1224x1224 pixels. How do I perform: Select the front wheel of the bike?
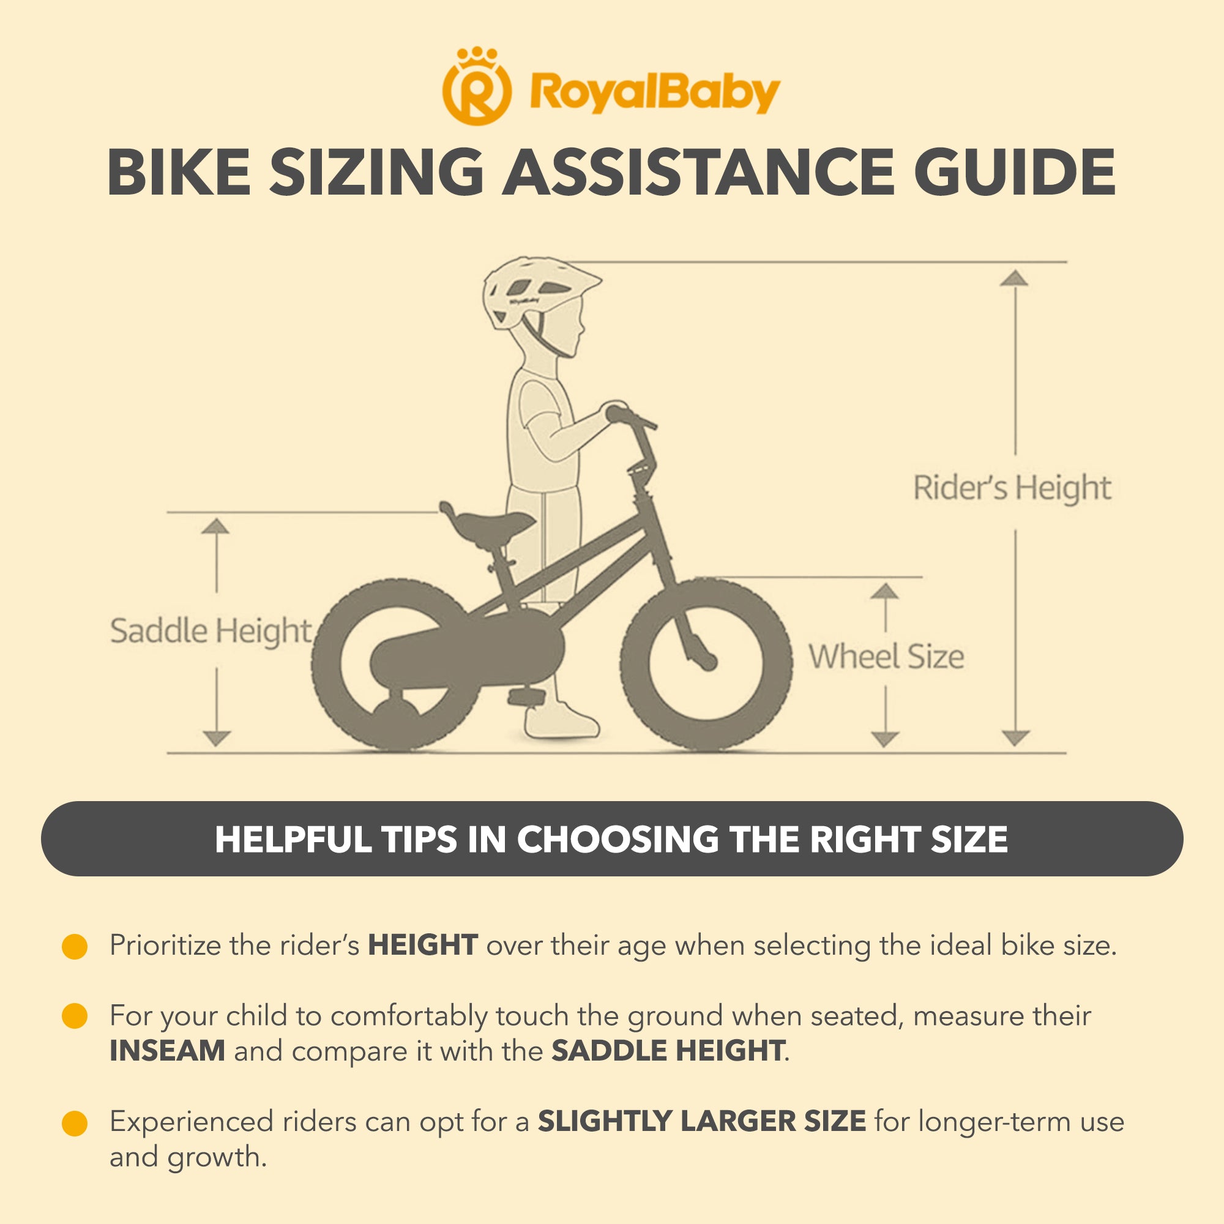point(706,665)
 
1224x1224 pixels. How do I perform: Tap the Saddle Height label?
point(211,632)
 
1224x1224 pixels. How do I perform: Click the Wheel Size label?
point(886,656)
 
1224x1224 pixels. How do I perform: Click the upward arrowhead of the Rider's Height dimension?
point(1014,277)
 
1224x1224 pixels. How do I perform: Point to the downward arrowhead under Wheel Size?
point(885,739)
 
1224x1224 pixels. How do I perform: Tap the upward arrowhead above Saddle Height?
point(216,526)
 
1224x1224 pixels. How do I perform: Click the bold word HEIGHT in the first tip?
point(422,946)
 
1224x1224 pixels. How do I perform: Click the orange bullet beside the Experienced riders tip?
point(74,1123)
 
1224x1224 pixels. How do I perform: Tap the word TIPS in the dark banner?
point(419,840)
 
